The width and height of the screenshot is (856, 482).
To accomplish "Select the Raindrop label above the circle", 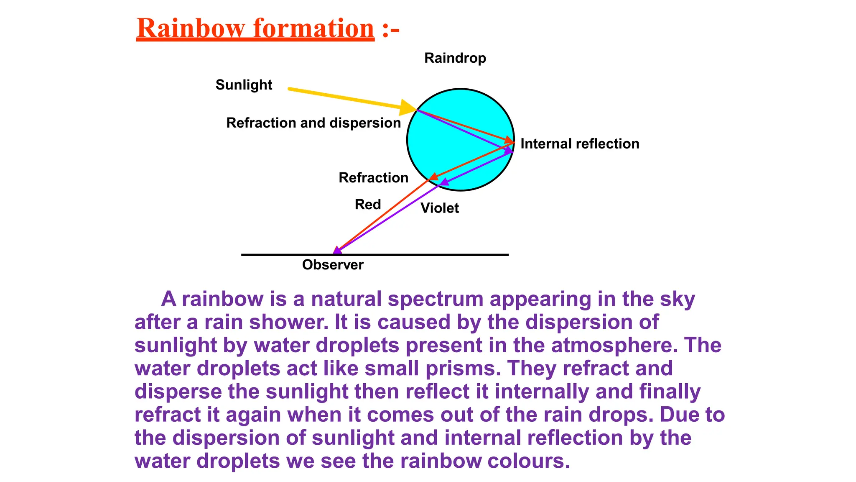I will click(x=455, y=58).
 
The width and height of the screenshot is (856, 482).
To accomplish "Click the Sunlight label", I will click(x=244, y=85).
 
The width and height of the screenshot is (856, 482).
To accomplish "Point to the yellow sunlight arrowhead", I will click(x=407, y=108).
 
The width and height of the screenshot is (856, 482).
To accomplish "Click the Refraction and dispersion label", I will click(x=313, y=123).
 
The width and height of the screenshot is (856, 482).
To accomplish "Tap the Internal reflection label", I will click(x=580, y=144).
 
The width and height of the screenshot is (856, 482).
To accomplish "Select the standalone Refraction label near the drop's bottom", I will click(x=373, y=178).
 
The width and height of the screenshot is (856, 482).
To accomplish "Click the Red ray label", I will click(x=368, y=205).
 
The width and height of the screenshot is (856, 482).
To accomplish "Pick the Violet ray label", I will click(x=439, y=208).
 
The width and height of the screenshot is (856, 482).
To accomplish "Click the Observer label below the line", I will click(x=333, y=265).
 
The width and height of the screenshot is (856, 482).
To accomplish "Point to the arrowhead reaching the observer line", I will click(x=337, y=251).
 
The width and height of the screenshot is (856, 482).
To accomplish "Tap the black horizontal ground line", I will click(x=418, y=254).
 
